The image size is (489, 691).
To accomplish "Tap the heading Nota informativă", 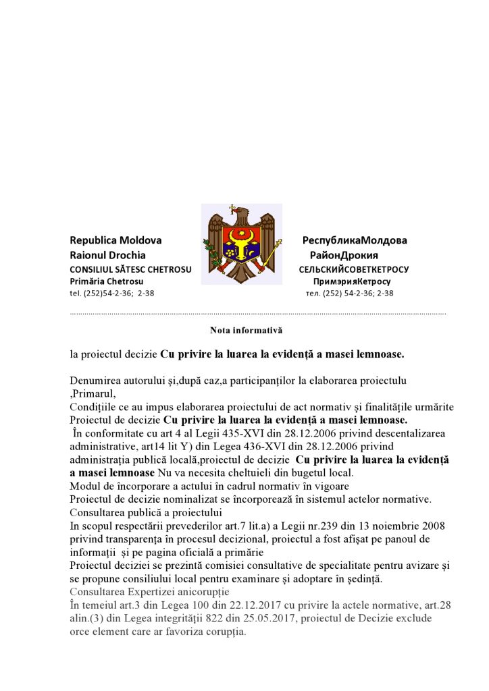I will tap(246, 331).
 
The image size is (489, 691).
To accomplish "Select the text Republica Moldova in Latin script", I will tap(115, 240).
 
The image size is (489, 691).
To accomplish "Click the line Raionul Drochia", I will tap(107, 255).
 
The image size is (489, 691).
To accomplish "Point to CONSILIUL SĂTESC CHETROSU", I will tap(130, 269).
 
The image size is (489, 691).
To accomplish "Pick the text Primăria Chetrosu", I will tap(106, 281).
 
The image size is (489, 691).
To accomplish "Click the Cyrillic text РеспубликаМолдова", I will tap(355, 240).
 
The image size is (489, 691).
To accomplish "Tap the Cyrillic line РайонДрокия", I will tap(344, 255).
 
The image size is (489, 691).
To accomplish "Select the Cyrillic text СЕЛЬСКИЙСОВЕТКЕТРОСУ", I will tap(354, 269).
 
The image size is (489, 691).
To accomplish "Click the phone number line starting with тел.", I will tap(349, 294).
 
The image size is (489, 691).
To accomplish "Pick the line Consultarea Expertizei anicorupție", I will tap(149, 591).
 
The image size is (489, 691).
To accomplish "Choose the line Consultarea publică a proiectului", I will tap(146, 512).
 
